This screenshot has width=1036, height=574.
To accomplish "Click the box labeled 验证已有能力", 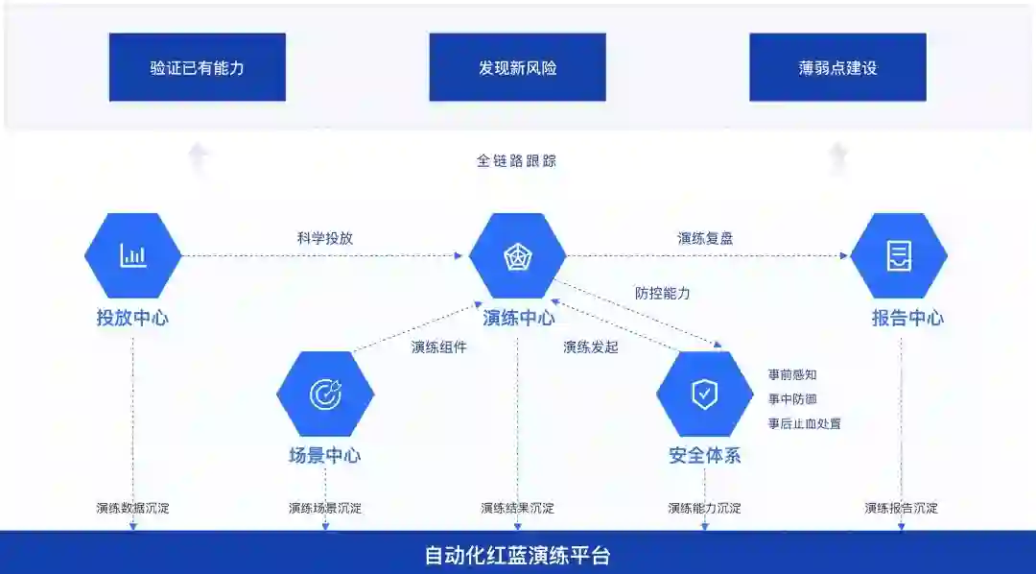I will point(197,67).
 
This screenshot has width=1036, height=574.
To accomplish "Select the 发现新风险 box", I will point(517,67).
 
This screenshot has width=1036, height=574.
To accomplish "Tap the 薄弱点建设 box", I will point(837,67).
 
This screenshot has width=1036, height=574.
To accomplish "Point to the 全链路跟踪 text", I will point(516,160).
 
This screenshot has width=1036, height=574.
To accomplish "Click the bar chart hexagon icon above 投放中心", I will point(132,255).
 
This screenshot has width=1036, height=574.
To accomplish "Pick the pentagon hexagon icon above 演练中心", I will point(517,255).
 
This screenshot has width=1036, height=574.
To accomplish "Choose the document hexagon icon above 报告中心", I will point(899,255).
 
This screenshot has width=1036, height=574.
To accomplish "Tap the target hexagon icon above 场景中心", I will point(325,394).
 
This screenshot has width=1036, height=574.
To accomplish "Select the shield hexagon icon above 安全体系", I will point(705,394).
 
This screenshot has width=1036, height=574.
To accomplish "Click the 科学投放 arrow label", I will point(325,238).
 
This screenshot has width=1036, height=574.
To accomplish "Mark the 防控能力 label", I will point(663,293).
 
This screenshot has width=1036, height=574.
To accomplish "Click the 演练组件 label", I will point(438,347).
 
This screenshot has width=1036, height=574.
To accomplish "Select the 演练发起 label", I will point(591,347).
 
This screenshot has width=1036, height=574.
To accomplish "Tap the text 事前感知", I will point(792,374).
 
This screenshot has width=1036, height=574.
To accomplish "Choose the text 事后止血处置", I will point(804,423).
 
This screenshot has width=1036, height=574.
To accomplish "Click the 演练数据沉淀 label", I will point(132,508).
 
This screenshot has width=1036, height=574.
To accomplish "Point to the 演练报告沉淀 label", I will point(901,508).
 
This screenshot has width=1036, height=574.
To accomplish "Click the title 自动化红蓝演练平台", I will point(517,555).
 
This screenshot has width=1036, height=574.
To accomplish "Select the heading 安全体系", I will point(705,455).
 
